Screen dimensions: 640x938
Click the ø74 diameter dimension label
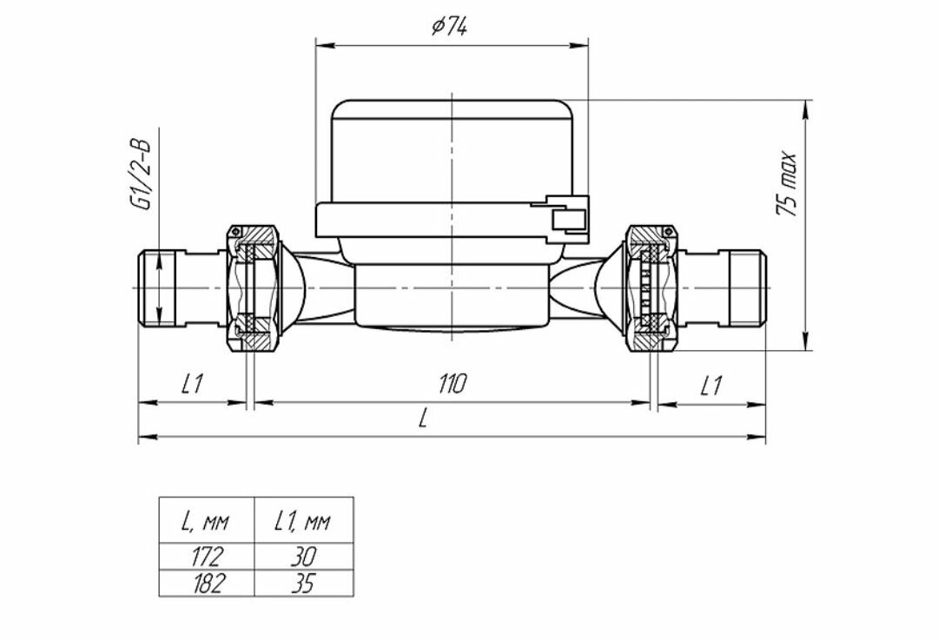(x=449, y=27)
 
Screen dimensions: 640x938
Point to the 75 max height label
(x=786, y=184)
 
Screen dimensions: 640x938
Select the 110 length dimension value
(x=452, y=384)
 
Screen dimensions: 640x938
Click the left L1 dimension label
(x=192, y=384)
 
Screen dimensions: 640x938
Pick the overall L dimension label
(x=423, y=419)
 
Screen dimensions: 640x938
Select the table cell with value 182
(x=206, y=583)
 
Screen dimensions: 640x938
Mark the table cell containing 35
(x=303, y=583)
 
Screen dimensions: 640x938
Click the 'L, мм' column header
(x=206, y=521)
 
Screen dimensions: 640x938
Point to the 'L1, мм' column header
(x=303, y=521)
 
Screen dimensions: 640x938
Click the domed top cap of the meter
(x=452, y=148)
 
